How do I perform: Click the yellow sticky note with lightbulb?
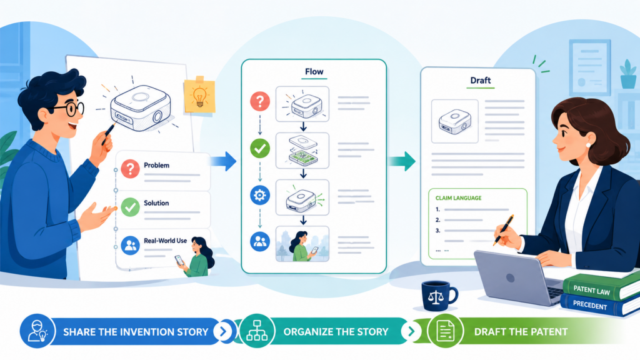(199, 95)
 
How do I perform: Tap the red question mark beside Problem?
(130, 169)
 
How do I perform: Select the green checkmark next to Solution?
(130, 207)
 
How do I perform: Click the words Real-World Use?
(165, 241)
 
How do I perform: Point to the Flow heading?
(314, 71)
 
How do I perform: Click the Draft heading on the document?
(481, 81)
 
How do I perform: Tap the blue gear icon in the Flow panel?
(260, 195)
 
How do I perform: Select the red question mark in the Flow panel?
(260, 101)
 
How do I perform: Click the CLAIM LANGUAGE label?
(458, 198)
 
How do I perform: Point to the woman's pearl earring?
(588, 145)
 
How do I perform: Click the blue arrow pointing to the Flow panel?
(223, 161)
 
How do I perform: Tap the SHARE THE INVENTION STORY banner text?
(136, 332)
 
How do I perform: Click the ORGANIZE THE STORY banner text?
(336, 332)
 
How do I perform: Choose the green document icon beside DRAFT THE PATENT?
(445, 331)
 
